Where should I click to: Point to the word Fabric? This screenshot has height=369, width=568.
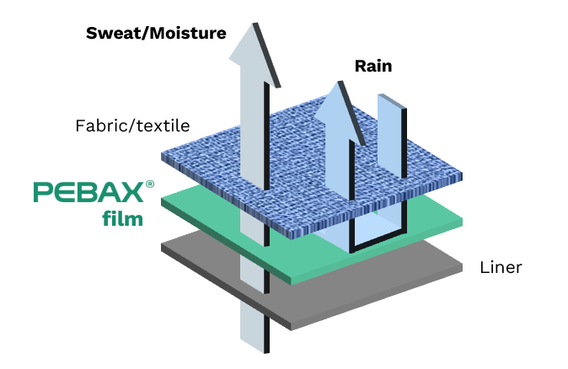click(x=100, y=126)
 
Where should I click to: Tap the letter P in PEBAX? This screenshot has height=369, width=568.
click(x=43, y=193)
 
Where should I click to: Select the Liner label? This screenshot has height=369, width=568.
click(x=501, y=268)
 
